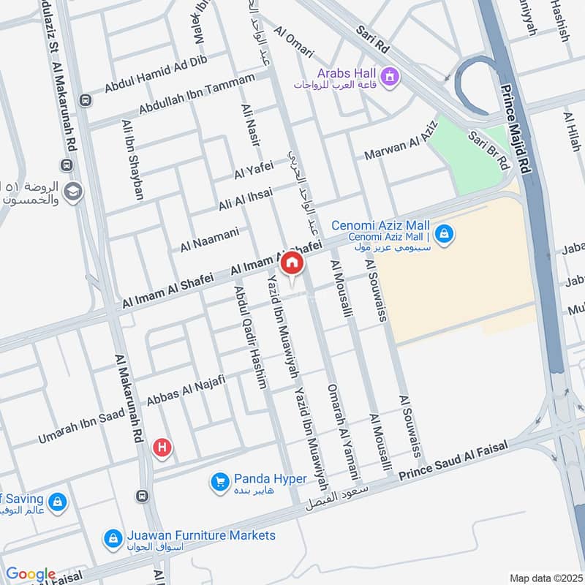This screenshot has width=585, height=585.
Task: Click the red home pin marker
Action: coord(292,264)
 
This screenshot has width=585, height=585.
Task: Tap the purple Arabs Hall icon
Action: coord(390,75)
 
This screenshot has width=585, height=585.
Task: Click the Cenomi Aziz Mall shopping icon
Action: coord(443,235)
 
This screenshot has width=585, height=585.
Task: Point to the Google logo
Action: coord(30,575)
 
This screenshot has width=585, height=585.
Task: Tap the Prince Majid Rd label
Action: coord(514,129)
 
